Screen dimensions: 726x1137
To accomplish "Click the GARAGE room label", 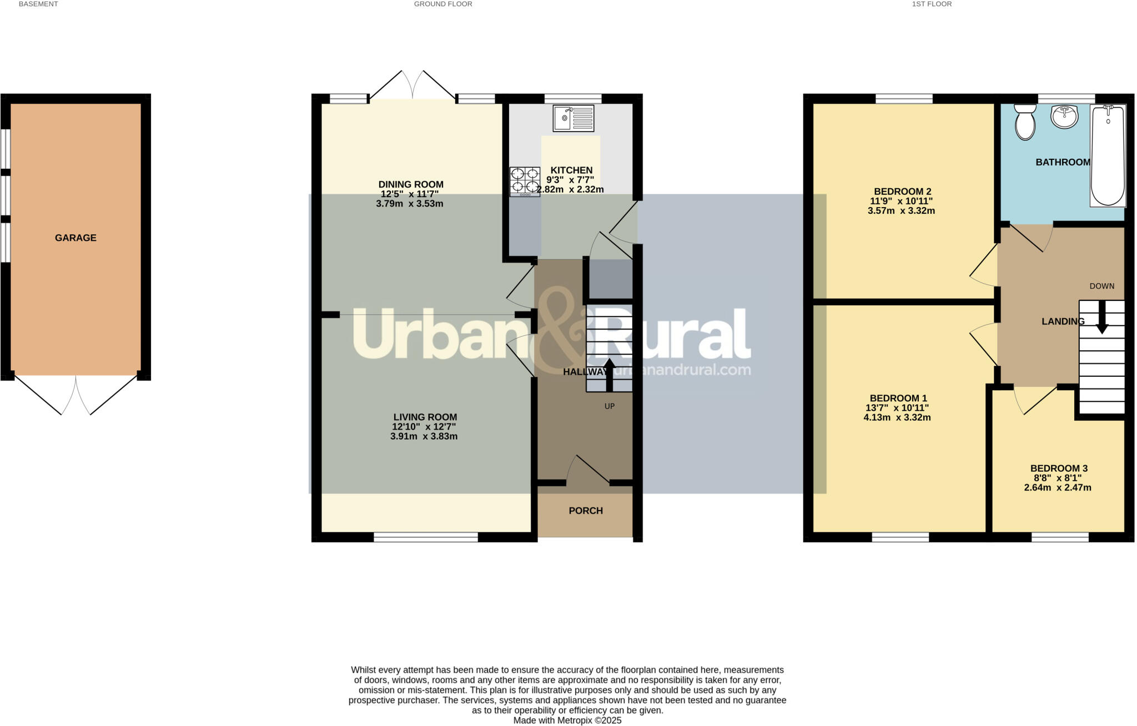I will [76, 238].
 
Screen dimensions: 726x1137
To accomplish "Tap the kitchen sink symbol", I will [573, 118].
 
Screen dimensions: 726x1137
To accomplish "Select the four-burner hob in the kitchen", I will [525, 181].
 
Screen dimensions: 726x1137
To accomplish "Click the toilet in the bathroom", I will [1025, 123].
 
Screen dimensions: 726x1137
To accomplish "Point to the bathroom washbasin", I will [1064, 117].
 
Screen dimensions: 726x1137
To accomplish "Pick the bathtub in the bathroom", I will [1108, 156].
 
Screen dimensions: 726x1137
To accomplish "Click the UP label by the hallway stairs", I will [610, 406].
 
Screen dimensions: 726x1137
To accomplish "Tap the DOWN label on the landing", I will [1102, 286].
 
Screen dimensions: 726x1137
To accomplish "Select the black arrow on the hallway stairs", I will [610, 375].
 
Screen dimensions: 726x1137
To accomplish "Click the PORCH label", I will [586, 511].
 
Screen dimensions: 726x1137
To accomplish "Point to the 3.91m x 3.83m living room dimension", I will [424, 436].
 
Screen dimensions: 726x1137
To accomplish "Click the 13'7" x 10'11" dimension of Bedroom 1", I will [897, 408].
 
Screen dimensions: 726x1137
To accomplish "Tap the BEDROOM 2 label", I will [902, 191].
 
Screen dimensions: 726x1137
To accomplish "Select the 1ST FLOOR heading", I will [932, 4].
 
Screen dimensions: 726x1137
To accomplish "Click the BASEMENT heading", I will [38, 4].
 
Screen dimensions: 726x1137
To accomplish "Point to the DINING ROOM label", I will [411, 184].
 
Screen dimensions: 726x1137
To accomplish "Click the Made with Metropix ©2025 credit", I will [567, 720].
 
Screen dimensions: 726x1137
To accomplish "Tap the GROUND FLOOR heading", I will [443, 4].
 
